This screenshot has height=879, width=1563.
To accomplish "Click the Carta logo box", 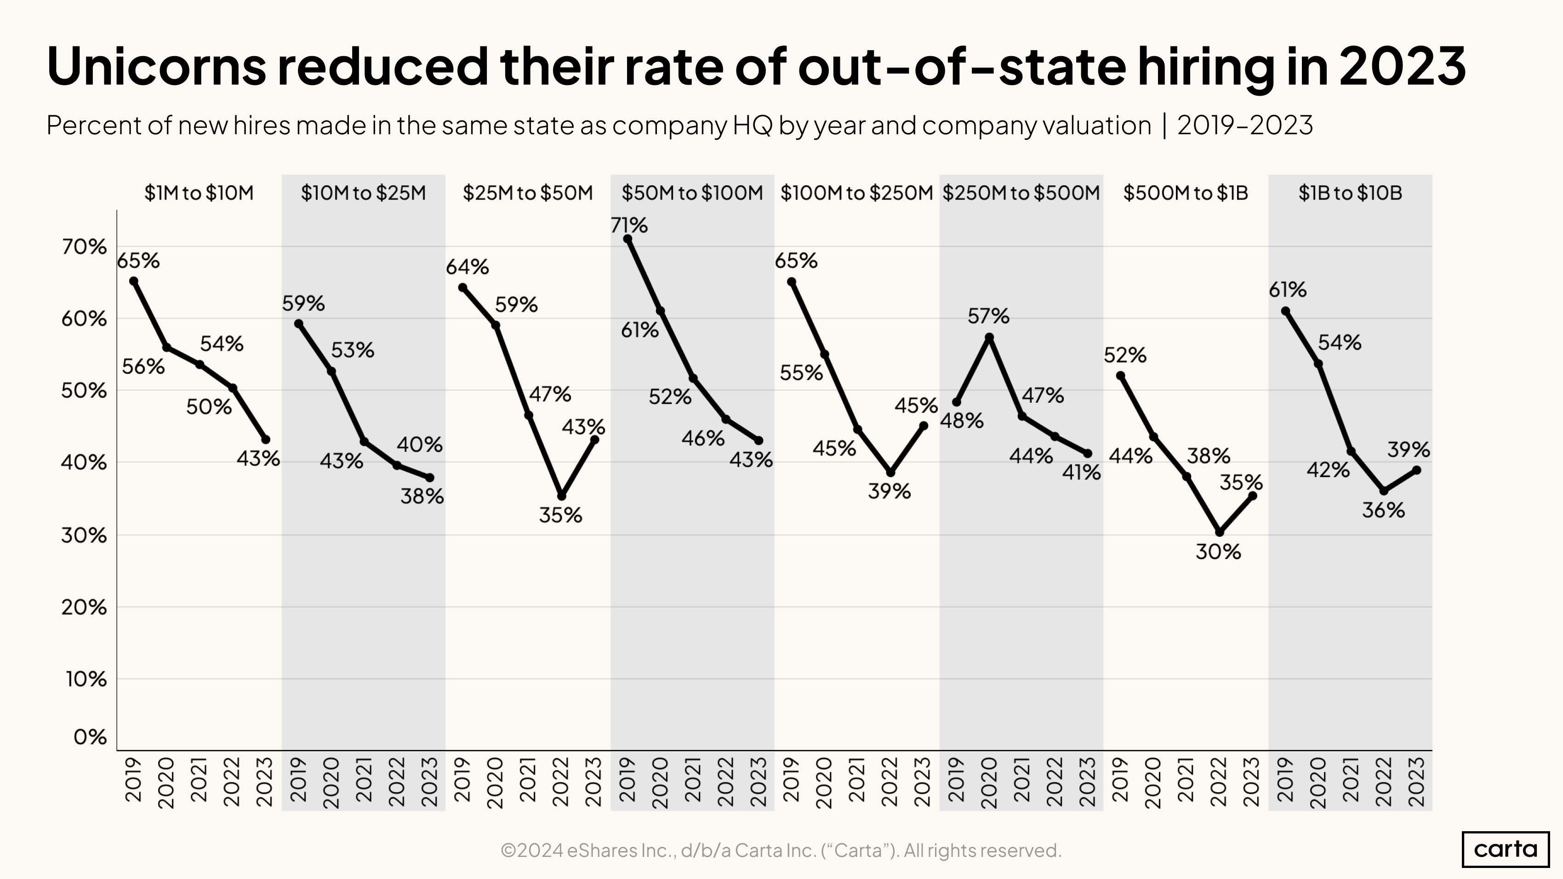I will tap(1505, 849).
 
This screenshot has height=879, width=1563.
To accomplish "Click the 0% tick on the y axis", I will tap(90, 737).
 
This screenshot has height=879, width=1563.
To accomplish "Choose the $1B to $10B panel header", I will tap(1350, 193).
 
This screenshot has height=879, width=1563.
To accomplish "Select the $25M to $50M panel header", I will tap(527, 193).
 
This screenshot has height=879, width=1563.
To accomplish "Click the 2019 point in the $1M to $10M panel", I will tap(133, 281).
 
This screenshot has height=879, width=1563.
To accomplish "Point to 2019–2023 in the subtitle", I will tap(1244, 126).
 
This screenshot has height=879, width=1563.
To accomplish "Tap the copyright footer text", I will tap(781, 850).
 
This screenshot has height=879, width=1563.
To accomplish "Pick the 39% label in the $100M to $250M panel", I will tap(889, 491).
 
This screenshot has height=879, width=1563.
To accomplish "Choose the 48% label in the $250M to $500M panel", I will tap(962, 420).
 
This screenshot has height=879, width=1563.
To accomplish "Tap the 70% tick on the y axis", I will tap(84, 247).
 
